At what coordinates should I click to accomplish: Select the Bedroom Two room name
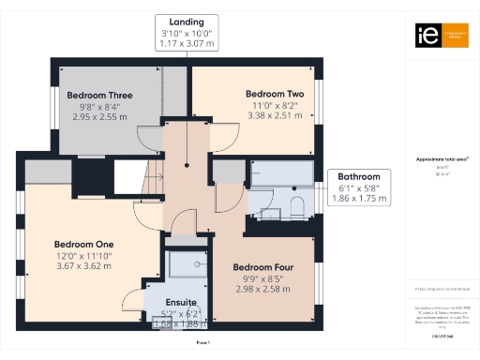click(276, 94)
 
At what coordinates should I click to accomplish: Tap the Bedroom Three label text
click(99, 96)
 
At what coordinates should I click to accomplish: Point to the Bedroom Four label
click(263, 267)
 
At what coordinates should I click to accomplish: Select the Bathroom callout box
click(359, 187)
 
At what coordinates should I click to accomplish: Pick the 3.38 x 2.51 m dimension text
click(276, 117)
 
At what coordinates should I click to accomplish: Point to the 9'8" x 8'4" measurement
click(99, 107)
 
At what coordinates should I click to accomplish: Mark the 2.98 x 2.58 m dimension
click(263, 290)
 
